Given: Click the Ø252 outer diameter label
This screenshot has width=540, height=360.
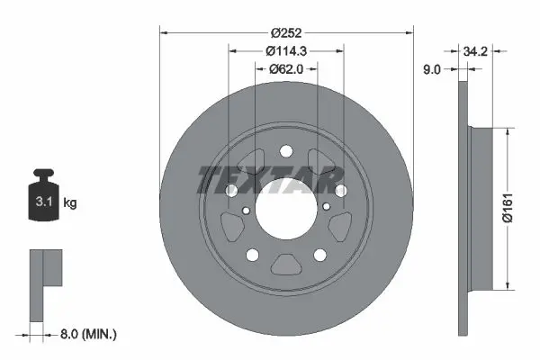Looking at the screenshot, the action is point(286,33).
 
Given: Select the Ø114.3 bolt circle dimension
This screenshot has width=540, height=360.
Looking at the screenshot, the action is point(286,51).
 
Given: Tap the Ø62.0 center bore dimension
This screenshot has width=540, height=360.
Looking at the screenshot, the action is point(286,69).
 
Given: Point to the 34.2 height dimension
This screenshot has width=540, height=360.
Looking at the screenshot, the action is point(475,51).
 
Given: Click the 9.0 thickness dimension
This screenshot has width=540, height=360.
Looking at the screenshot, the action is point(431,69).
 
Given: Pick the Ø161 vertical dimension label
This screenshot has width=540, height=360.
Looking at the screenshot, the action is point(508,208).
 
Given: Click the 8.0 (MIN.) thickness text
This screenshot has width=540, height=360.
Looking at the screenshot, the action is point(88,334).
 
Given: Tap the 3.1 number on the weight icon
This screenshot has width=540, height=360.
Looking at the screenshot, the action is point(44,202).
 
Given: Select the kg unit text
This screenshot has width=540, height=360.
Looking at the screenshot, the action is point(70,202).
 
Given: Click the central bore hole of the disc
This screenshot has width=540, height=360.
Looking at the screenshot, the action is point(286,209).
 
